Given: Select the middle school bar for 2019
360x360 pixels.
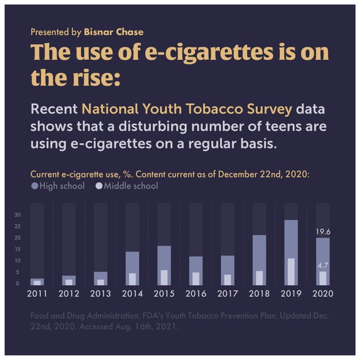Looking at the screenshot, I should click(291, 271).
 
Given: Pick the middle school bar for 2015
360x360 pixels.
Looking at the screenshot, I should click(164, 277).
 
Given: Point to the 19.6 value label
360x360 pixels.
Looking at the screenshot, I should click(323, 231).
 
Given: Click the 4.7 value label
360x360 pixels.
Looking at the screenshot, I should click(323, 265).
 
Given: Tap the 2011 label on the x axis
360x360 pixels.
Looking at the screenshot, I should click(37, 293).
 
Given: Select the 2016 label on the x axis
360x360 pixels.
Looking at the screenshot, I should click(196, 293).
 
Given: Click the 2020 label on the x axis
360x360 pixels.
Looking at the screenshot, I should click(323, 293).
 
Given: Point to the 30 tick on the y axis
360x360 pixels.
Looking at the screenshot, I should click(17, 215).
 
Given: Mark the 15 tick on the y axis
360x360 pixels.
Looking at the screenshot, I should click(17, 249).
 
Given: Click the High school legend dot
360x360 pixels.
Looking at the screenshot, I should click(34, 186).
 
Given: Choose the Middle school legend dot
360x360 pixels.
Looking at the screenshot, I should click(99, 186).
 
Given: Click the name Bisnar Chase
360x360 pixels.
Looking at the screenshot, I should click(113, 32).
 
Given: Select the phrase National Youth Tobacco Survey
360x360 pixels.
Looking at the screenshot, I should click(187, 108).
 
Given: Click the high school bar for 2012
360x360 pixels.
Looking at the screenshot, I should click(69, 280).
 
